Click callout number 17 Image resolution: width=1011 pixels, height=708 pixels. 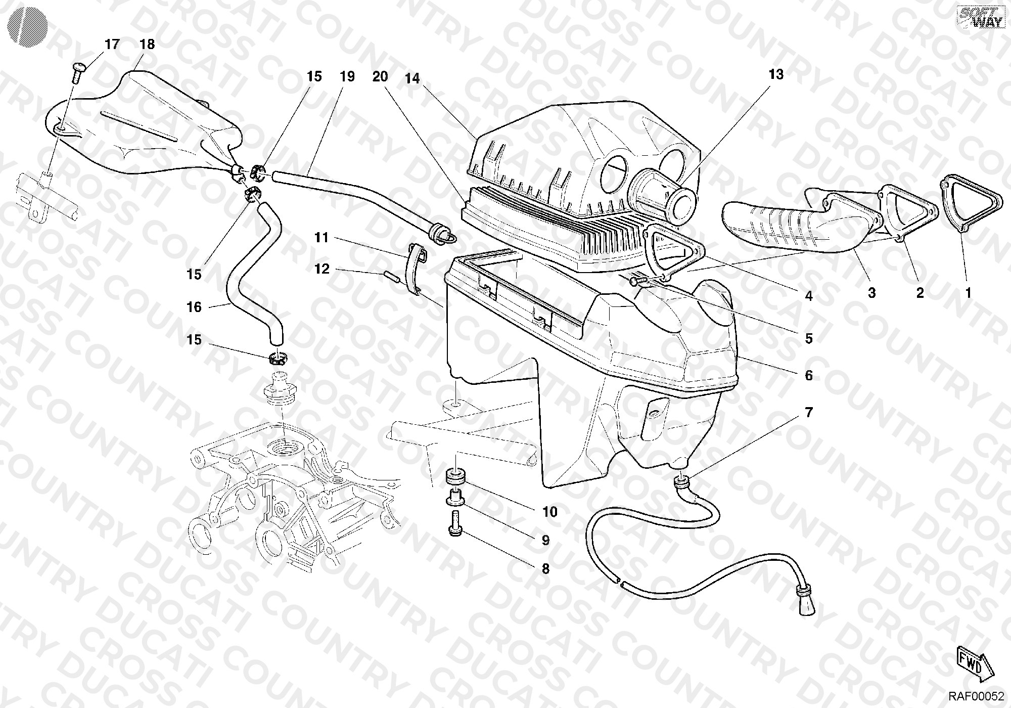112,45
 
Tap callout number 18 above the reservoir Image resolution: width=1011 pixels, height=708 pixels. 147,45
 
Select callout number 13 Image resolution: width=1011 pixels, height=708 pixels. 776,75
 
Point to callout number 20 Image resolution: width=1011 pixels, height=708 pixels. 380,77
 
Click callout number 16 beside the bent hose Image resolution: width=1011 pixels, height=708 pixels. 194,307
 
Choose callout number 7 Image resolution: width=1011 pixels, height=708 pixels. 809,413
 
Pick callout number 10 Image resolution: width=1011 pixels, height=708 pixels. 550,512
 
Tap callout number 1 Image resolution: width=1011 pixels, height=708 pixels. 968,293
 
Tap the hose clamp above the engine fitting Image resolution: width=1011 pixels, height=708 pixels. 278,359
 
